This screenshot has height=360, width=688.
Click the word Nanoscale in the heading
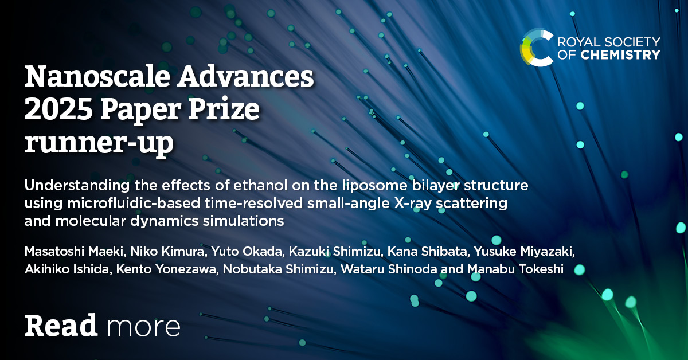point(97,76)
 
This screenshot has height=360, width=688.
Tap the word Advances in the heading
point(246,76)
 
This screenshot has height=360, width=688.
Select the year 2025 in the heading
point(58,109)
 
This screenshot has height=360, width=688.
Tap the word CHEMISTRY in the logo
point(620,55)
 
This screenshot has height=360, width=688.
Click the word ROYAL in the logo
point(577,42)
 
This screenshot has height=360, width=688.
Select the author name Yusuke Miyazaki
point(523,251)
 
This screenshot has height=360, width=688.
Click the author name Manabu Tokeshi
point(515,269)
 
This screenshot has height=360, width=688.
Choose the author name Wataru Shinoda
point(389,269)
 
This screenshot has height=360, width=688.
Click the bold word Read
point(61,326)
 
